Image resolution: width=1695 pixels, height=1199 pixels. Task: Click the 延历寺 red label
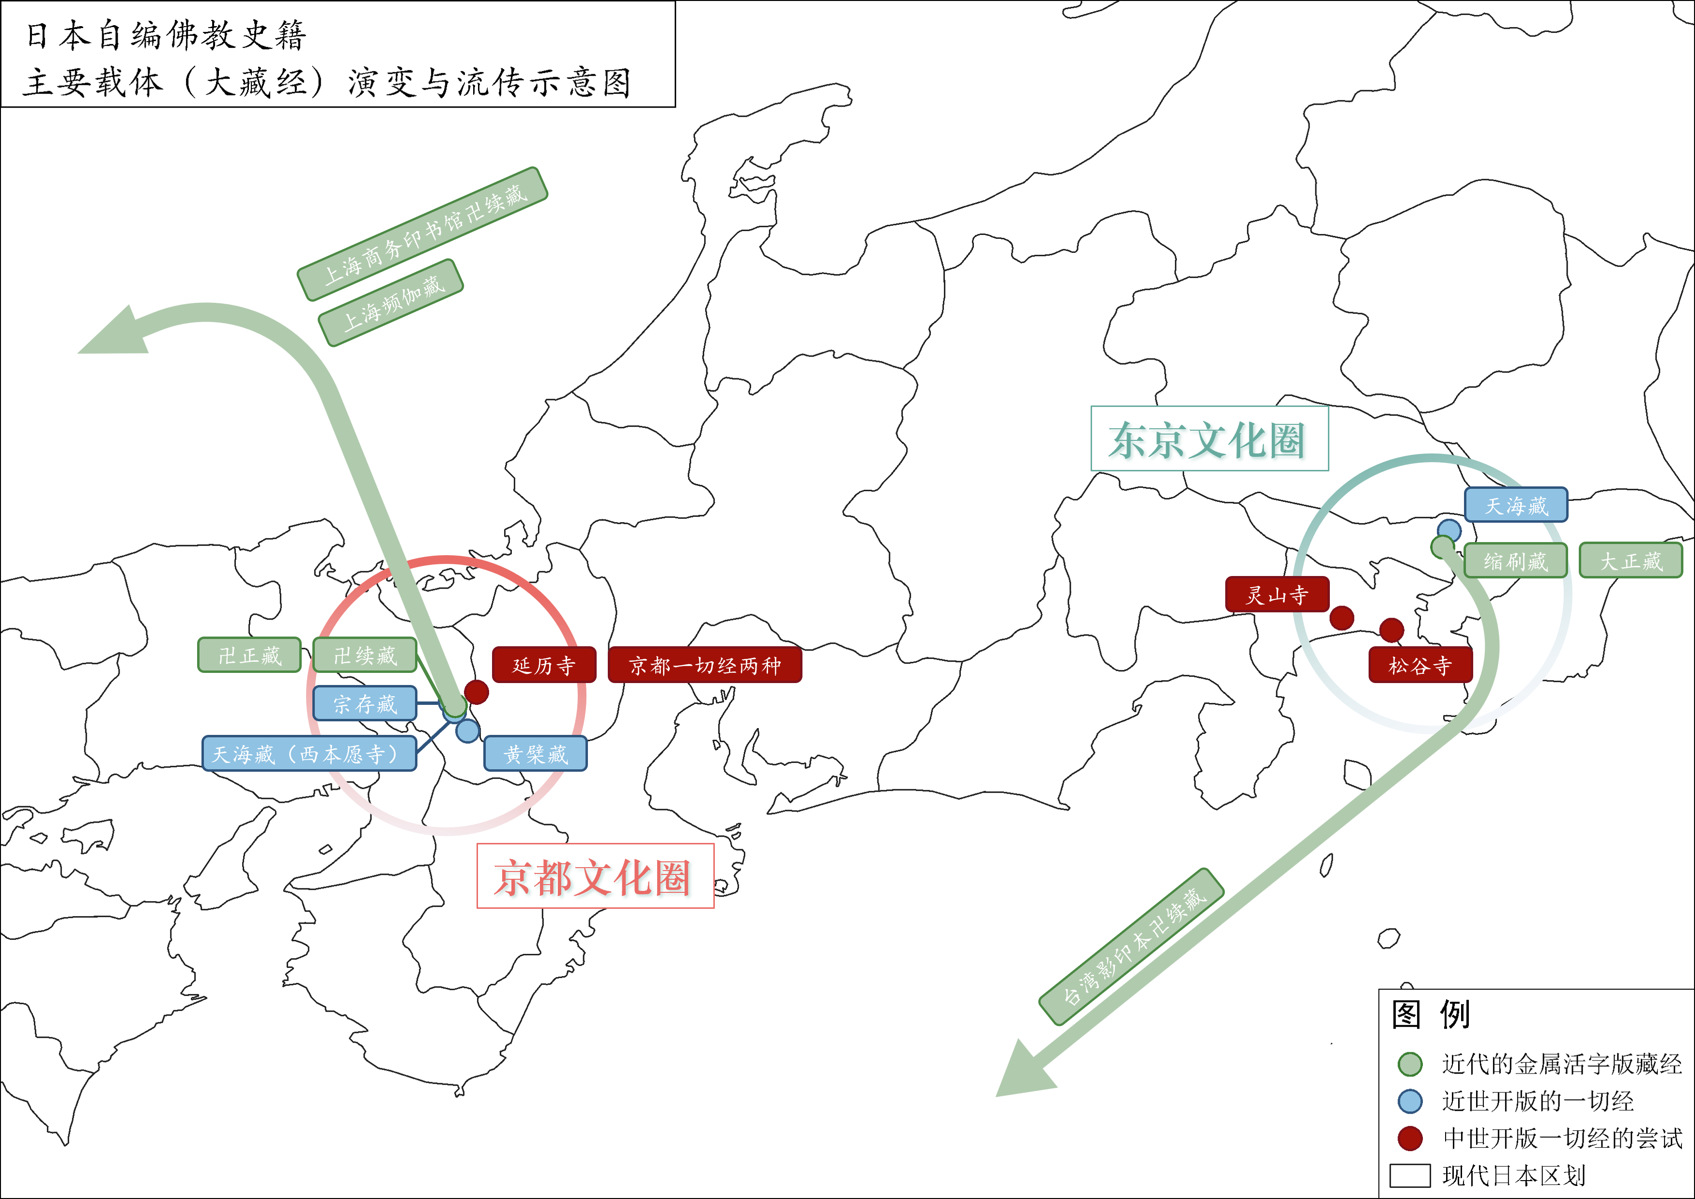544,665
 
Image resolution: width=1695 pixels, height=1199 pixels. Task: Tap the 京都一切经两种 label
704,665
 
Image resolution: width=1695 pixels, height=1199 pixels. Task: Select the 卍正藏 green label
249,655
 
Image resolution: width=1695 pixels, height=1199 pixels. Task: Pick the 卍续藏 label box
365,655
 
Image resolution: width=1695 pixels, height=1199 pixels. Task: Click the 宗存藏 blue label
365,703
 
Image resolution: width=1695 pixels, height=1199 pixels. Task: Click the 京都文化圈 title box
595,876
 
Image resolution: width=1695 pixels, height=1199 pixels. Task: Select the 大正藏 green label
1630,561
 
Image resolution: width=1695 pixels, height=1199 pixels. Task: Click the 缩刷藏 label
1515,561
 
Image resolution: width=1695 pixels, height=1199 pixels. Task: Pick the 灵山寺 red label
1277,594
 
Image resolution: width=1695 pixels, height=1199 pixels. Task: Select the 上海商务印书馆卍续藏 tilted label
422,234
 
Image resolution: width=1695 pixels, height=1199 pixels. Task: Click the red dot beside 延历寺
476,692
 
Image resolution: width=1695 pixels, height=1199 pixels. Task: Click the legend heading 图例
1430,1014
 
